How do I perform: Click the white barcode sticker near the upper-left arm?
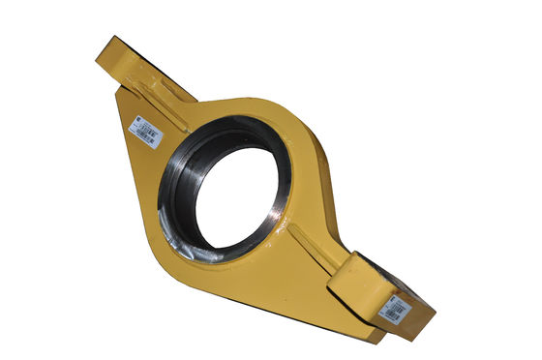pos(145,133)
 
